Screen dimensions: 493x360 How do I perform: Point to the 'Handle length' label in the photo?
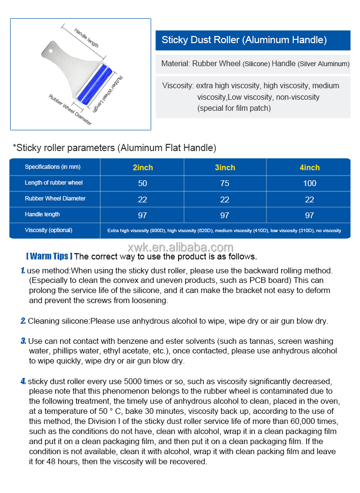point(86,38)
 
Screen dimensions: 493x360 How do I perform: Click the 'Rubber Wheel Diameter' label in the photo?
point(70,110)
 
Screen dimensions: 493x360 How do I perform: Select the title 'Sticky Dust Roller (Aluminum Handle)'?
point(244,40)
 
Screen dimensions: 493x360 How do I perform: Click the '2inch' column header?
point(143,167)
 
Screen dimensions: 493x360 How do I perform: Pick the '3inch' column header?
point(225,167)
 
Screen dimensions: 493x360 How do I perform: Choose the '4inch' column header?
point(310,167)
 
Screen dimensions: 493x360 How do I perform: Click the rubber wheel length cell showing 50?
point(143,183)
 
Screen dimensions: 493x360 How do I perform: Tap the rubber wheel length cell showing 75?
point(225,183)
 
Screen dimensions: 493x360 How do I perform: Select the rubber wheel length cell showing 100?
point(310,183)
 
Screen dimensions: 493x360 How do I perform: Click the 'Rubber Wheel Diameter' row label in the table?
point(55,199)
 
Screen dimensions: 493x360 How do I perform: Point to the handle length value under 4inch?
point(310,215)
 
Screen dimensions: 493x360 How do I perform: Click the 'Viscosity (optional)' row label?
point(48,230)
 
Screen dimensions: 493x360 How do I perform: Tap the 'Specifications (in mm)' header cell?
point(53,167)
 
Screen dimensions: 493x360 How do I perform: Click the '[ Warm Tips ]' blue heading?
point(49,256)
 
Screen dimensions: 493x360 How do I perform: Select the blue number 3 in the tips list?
point(23,341)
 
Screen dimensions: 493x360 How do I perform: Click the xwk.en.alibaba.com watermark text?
point(180,247)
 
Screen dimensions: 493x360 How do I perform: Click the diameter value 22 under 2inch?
point(143,200)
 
